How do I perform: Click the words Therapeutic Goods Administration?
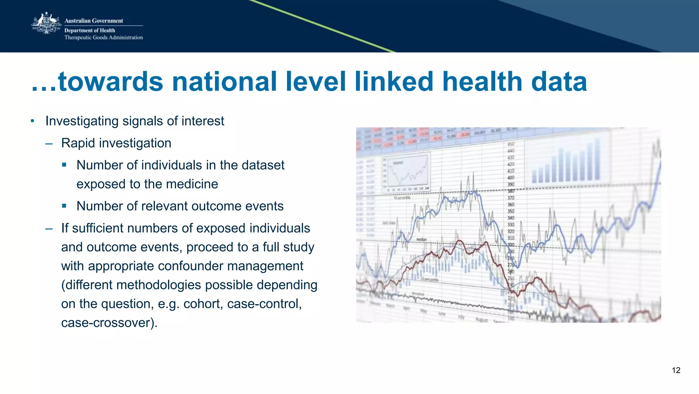tap(103, 38)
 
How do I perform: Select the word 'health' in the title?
tap(482, 82)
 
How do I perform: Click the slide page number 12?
tap(676, 370)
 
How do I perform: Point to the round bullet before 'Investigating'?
tap(32, 121)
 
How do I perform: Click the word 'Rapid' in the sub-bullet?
tap(78, 143)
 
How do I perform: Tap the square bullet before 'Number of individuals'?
tap(64, 165)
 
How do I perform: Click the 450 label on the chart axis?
tap(511, 144)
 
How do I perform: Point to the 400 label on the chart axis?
tap(511, 178)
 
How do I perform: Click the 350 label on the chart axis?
tap(511, 211)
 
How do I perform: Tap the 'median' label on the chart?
tap(421, 240)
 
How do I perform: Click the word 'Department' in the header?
tap(79, 30)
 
